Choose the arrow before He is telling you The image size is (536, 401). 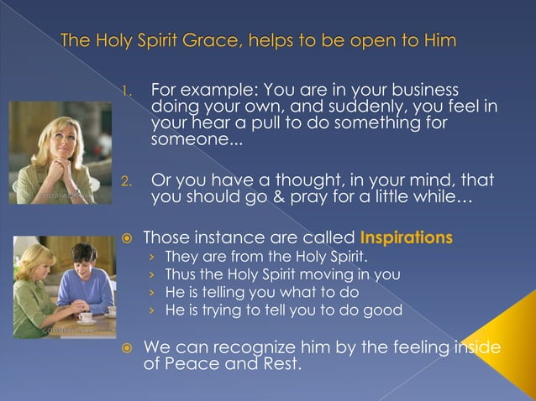[152, 292]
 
